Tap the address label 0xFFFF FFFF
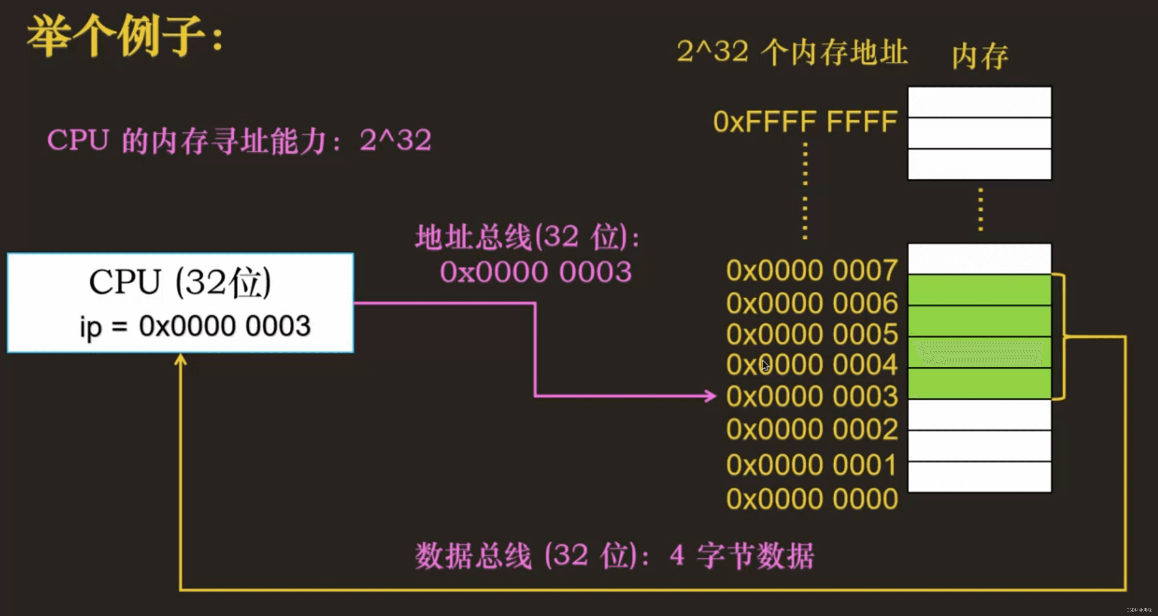[x=805, y=122]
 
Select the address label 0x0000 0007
[x=812, y=271]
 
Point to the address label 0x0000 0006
[x=812, y=303]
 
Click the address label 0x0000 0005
[x=812, y=334]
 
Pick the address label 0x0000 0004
[x=812, y=365]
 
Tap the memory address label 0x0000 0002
[x=812, y=429]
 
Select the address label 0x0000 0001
[x=811, y=465]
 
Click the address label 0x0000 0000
[x=812, y=499]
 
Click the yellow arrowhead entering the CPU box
[x=180, y=360]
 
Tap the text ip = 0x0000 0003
[x=195, y=326]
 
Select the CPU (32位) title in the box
[x=180, y=283]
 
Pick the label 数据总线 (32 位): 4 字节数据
[x=614, y=556]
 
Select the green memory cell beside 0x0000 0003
[x=979, y=383]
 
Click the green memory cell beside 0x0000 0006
[x=979, y=290]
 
